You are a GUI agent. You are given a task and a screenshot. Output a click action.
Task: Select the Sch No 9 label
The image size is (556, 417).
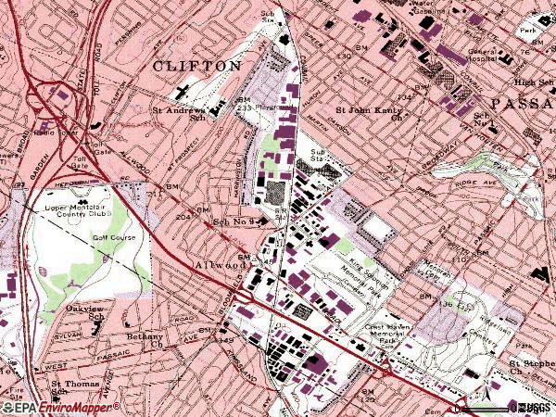point(233,222)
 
